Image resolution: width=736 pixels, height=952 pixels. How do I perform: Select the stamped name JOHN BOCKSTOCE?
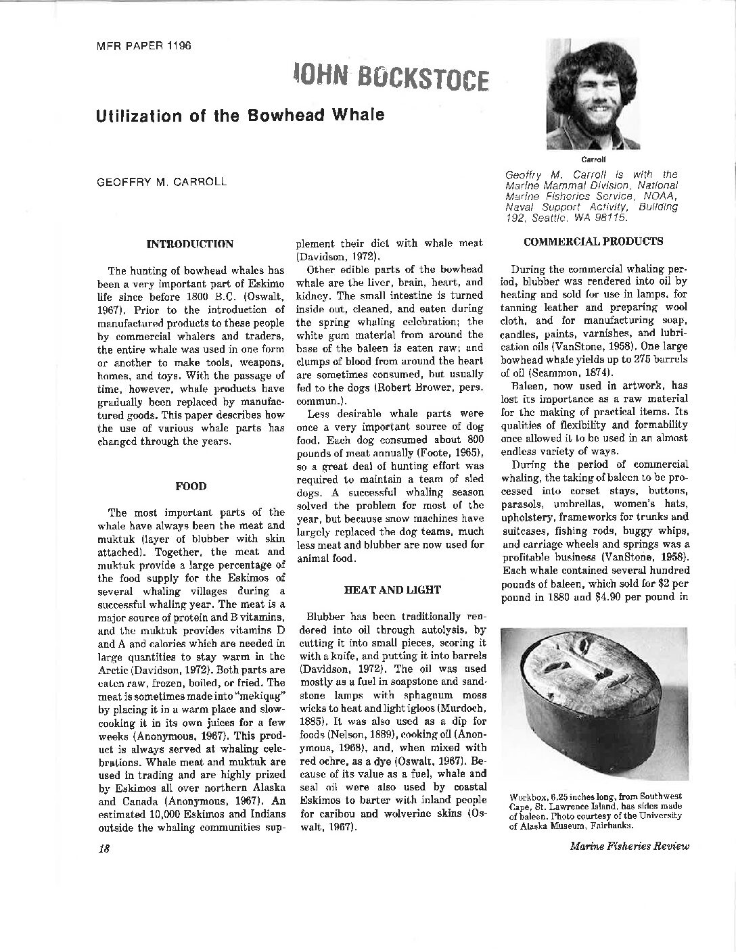coord(390,78)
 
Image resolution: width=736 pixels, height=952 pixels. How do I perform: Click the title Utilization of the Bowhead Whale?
coord(240,115)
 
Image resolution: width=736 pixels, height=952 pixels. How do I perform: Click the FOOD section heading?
coord(191,485)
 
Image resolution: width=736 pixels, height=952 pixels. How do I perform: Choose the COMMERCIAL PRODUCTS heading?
coord(593,241)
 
